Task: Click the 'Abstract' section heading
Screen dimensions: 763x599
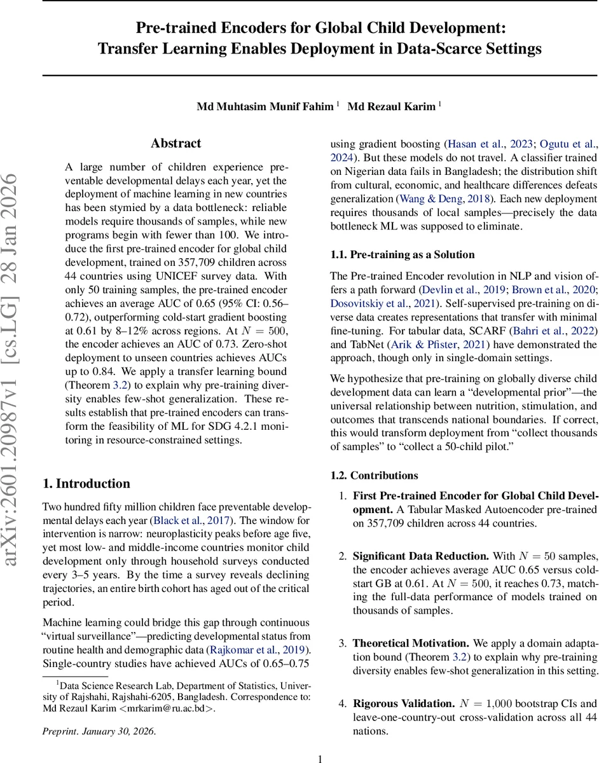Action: coord(176,144)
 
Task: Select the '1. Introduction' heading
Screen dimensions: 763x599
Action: coord(86,484)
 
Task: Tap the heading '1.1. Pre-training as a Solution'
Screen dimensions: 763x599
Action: coord(403,255)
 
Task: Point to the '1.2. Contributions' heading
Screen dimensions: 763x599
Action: coord(374,476)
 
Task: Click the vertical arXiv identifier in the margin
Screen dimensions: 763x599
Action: coord(17,369)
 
